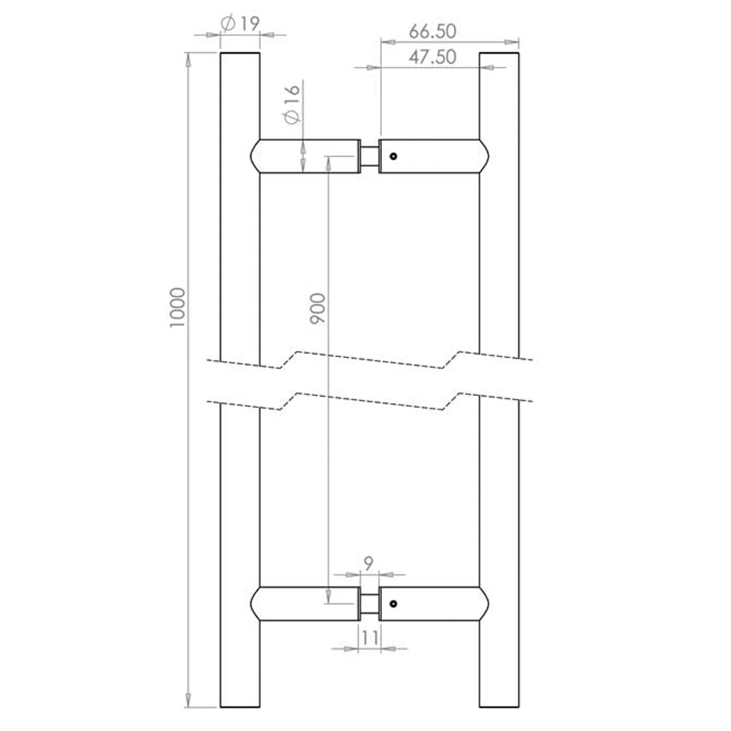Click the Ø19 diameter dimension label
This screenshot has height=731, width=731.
(x=240, y=24)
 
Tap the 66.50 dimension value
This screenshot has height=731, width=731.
(x=433, y=32)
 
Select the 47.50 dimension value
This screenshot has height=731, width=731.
(x=433, y=57)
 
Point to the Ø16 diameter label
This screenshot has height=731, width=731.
(x=292, y=104)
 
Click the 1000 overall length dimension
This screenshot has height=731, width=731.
(x=177, y=308)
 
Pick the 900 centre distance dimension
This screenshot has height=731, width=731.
(x=318, y=308)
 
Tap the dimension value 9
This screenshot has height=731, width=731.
(x=369, y=563)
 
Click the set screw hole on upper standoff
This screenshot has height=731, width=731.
(x=394, y=156)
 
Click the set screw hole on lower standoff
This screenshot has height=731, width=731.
(x=394, y=604)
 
